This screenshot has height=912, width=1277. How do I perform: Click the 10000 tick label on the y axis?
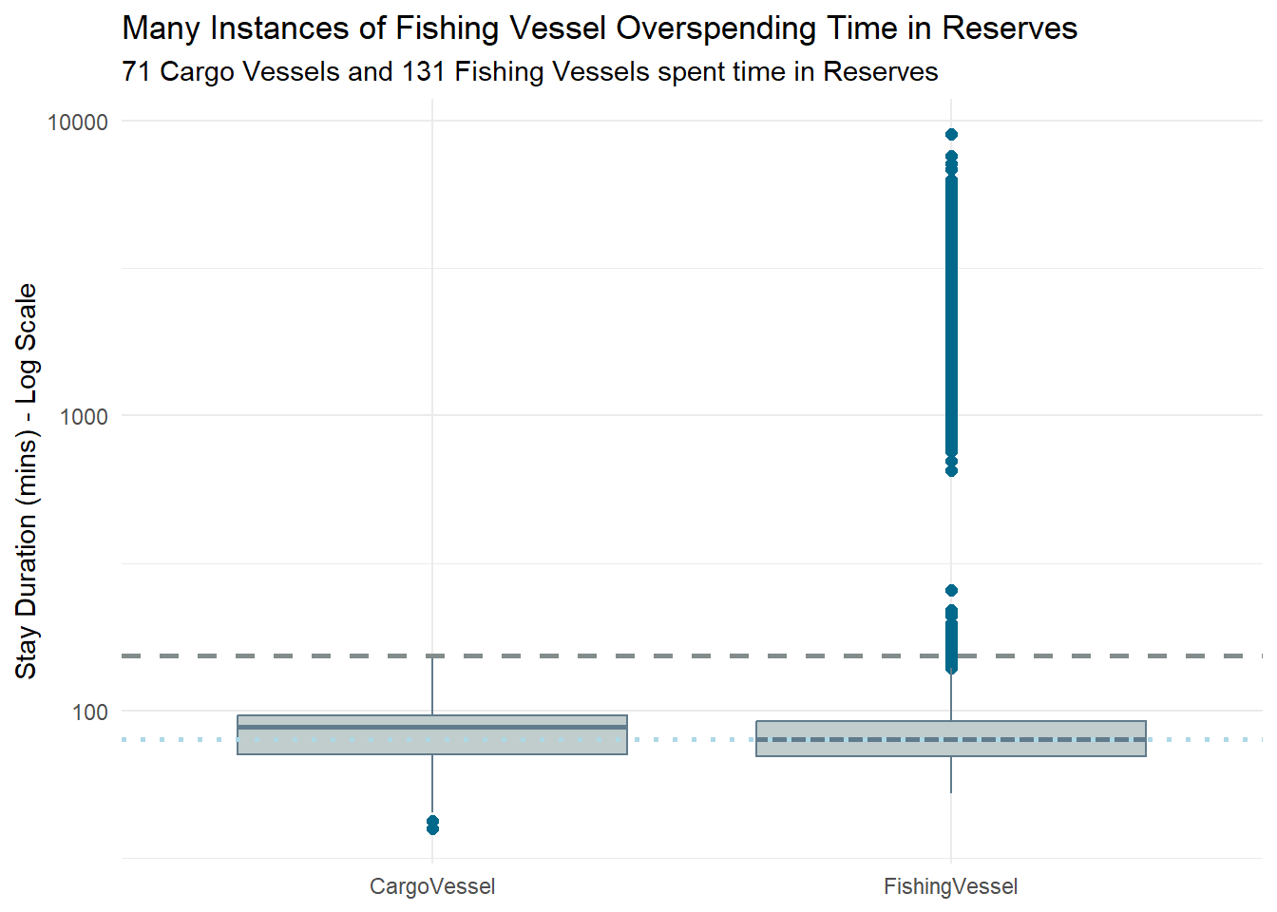(78, 122)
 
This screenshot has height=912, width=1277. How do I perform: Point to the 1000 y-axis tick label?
(84, 416)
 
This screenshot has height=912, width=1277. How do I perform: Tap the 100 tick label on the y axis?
(90, 712)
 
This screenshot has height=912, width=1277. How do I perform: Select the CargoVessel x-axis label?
(432, 886)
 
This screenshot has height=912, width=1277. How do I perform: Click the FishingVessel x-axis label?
(950, 886)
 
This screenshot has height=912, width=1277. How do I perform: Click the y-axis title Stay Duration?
(27, 481)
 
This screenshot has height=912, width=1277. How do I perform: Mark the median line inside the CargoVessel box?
(432, 727)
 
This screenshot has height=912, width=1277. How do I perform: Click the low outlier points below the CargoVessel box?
(432, 825)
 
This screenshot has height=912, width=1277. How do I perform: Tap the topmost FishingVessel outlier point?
(951, 135)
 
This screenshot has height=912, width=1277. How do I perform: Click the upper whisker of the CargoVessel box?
(432, 684)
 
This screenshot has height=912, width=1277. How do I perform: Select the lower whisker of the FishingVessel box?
(951, 774)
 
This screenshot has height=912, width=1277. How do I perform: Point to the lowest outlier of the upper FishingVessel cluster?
(951, 470)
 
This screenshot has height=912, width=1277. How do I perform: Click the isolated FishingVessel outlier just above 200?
(951, 590)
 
